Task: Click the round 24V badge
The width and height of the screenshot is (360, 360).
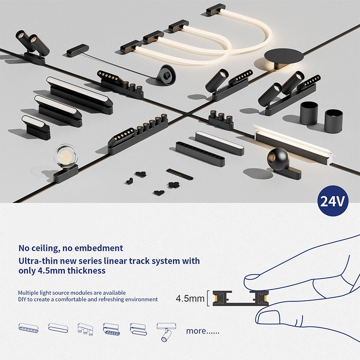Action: click(334, 201)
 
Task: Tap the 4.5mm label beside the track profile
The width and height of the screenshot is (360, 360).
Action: click(189, 298)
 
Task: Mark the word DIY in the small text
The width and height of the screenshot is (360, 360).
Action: click(23, 299)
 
